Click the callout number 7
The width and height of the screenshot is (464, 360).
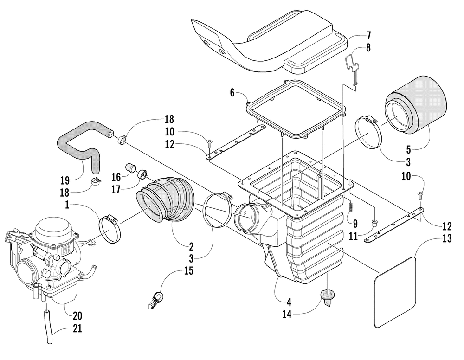(x=368, y=36)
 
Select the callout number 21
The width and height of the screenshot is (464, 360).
(x=77, y=328)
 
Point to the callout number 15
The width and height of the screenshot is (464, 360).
(x=188, y=270)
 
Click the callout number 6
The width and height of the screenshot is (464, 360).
(x=232, y=93)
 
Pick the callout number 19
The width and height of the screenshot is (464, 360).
(x=65, y=180)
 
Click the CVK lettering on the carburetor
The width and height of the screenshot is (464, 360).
(x=66, y=252)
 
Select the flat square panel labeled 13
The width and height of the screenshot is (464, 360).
(x=394, y=292)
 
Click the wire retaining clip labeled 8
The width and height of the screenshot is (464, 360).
(x=352, y=68)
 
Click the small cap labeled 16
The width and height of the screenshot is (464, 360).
(x=130, y=167)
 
